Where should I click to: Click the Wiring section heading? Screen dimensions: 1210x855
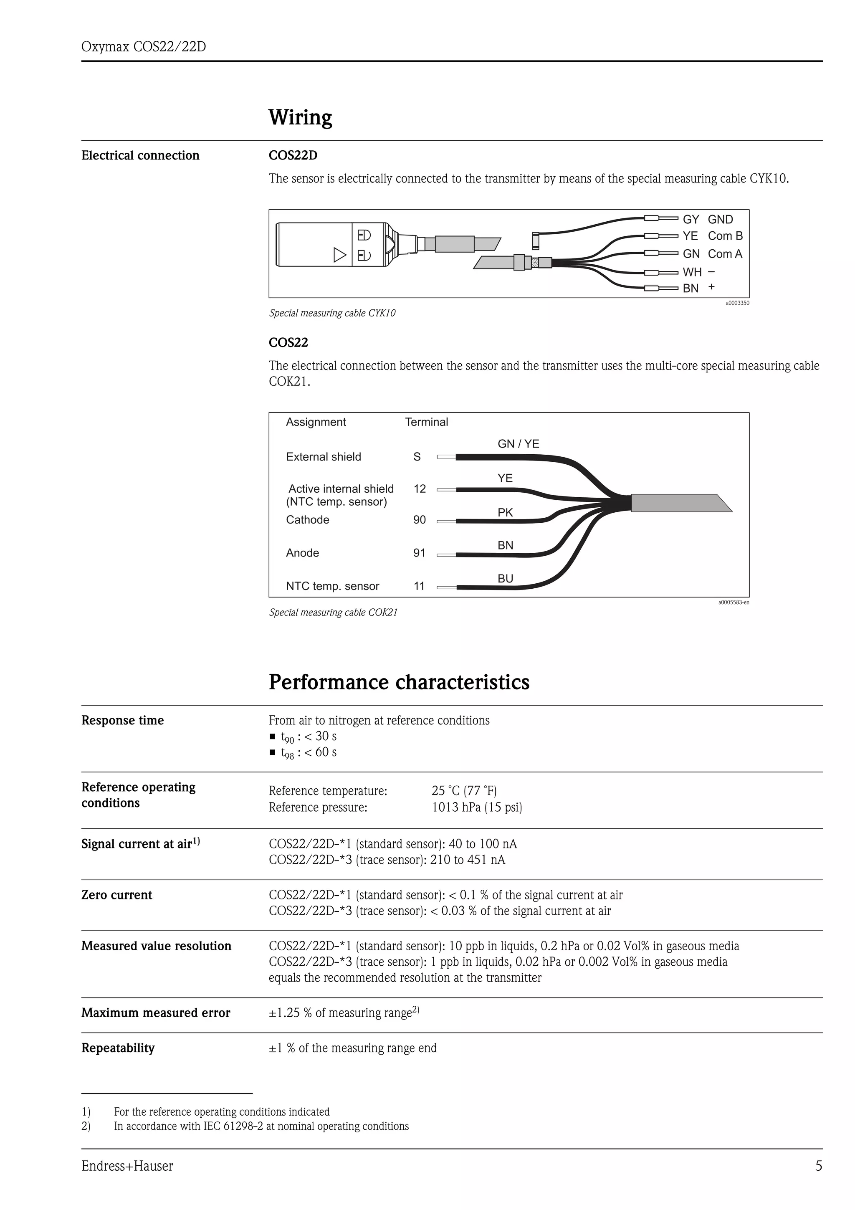(x=300, y=117)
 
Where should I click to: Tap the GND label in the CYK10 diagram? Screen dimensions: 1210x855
(x=720, y=219)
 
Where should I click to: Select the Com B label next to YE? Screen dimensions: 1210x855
(x=725, y=236)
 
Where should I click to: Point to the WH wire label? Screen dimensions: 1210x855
(x=692, y=272)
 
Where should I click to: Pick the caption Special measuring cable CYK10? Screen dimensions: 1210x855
(x=332, y=313)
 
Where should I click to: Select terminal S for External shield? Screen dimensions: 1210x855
(x=417, y=457)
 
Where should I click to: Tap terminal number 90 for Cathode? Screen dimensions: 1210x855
(x=419, y=520)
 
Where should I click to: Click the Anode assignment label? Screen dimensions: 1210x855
(x=302, y=553)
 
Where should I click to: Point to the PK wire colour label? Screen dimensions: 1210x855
(x=505, y=512)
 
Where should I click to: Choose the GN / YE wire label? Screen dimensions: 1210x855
(x=519, y=444)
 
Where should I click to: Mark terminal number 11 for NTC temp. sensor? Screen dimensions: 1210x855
(x=419, y=586)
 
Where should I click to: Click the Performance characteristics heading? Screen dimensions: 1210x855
(x=399, y=682)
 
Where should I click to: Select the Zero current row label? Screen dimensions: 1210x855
(x=116, y=895)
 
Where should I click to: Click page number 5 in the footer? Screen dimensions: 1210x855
(x=818, y=1166)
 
